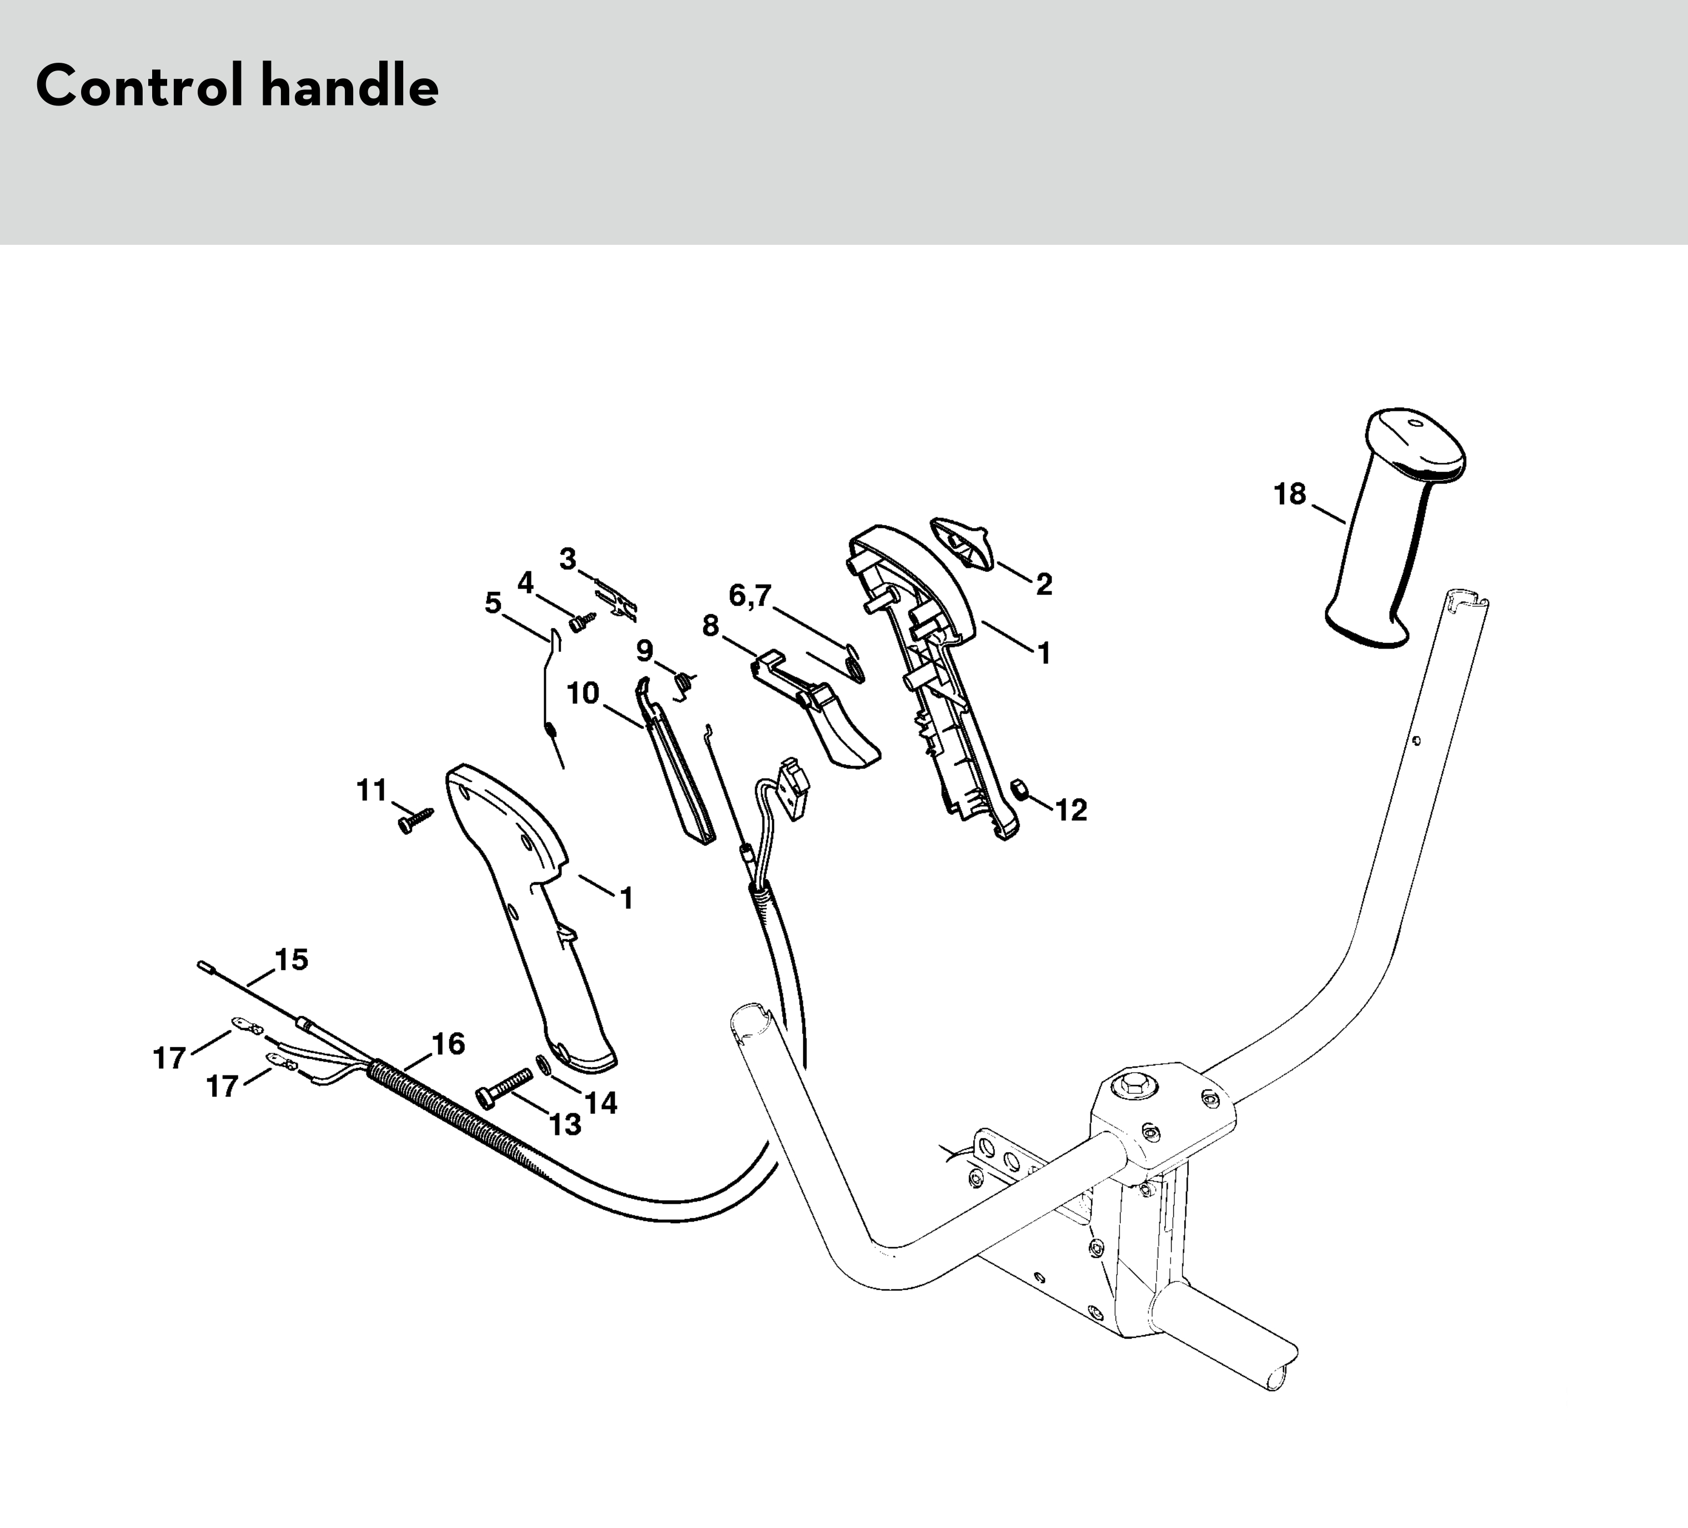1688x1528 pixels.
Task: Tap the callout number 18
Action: point(1289,495)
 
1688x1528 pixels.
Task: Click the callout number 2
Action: point(1043,585)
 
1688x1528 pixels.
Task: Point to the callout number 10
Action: point(583,693)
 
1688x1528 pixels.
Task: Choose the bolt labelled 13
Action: point(504,1087)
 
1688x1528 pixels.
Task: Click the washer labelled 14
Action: point(542,1064)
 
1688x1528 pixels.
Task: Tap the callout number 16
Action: point(448,1043)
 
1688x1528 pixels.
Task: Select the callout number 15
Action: point(292,959)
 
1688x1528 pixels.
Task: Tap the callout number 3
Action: point(567,559)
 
